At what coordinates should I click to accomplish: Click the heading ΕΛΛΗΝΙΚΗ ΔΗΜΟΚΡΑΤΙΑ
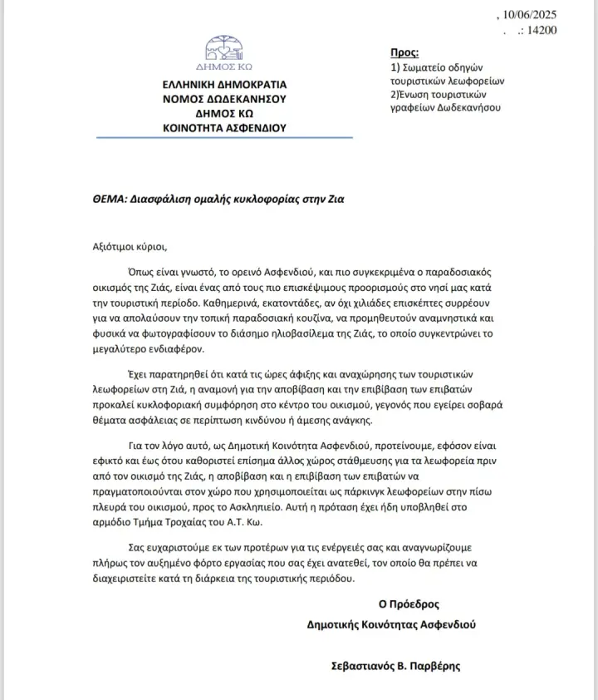pyautogui.click(x=224, y=84)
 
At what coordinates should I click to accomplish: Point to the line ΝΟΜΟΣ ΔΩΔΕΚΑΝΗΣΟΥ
pyautogui.click(x=224, y=98)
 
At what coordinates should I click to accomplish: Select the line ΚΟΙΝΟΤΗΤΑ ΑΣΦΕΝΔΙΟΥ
pyautogui.click(x=224, y=127)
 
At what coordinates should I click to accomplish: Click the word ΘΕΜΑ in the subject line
pyautogui.click(x=110, y=200)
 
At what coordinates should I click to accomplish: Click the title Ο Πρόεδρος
pyautogui.click(x=409, y=604)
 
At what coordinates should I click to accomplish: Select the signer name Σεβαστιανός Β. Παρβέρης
pyautogui.click(x=395, y=665)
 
